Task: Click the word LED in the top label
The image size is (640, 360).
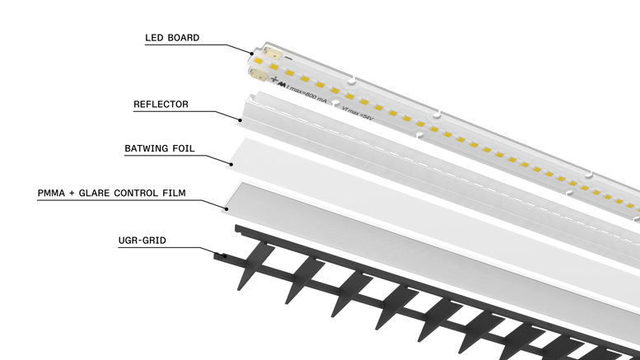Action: tap(154, 38)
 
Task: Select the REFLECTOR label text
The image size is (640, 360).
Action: tap(161, 105)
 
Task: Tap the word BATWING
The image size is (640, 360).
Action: tap(147, 149)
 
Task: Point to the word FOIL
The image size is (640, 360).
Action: tap(188, 149)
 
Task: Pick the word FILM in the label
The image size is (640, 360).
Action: tap(172, 194)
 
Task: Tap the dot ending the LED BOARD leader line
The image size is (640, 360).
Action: tap(254, 54)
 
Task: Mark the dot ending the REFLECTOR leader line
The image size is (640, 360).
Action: tap(241, 120)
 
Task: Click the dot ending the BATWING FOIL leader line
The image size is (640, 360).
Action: tap(231, 164)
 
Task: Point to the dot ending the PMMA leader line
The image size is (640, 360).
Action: tap(225, 207)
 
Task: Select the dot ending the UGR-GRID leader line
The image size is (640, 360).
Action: tap(220, 255)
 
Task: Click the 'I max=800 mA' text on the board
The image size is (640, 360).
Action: tap(305, 93)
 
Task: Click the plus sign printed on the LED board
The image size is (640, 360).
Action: tap(273, 81)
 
